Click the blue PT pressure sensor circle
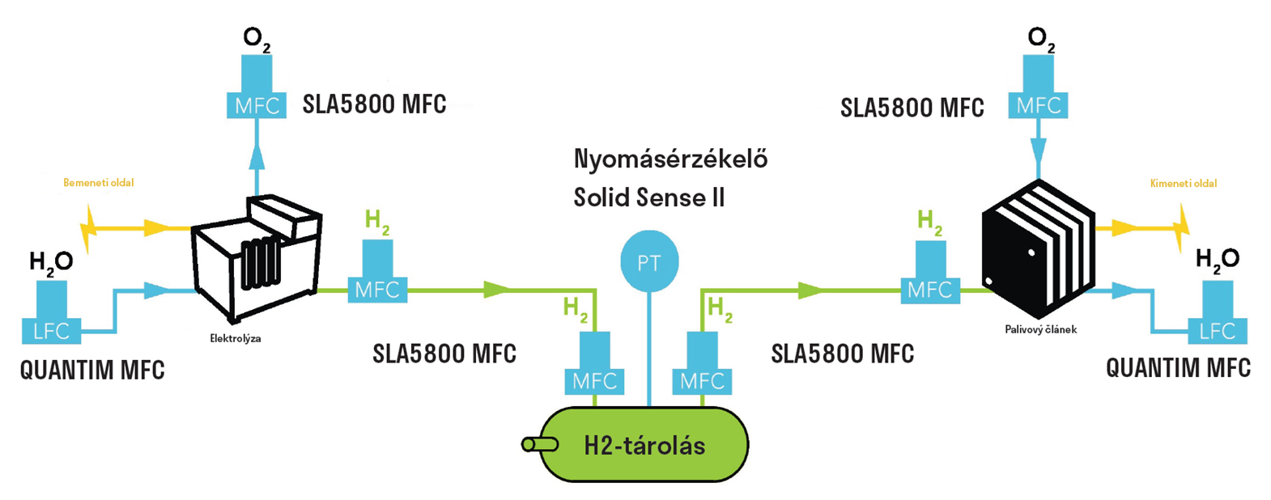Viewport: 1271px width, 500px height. [x=648, y=262]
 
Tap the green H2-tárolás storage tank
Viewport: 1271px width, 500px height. [x=645, y=444]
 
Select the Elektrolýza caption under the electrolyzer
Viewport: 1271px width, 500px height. [x=235, y=338]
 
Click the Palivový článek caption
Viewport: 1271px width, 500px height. [x=1040, y=330]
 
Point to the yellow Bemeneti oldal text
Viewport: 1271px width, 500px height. [x=99, y=183]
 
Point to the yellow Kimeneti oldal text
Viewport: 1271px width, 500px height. [x=1183, y=184]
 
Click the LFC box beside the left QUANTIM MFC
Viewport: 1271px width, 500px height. [x=52, y=330]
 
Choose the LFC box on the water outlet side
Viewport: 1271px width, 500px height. [x=1217, y=330]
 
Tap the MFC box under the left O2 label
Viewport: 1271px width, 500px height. [x=257, y=105]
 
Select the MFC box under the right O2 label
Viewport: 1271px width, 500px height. [x=1038, y=105]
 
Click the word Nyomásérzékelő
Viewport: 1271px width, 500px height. [x=670, y=159]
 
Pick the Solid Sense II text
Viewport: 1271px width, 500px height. [x=648, y=197]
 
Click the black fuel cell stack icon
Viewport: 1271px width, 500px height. [x=1038, y=247]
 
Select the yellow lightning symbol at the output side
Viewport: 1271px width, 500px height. [x=1183, y=227]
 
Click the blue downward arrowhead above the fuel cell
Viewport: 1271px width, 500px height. [x=1038, y=152]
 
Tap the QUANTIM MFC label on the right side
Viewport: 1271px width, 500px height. [x=1178, y=368]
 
